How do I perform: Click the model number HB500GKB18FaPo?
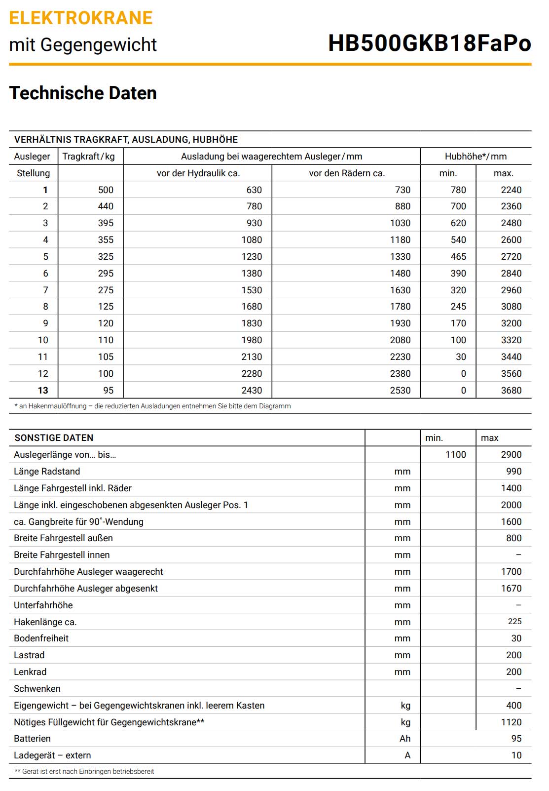[x=429, y=43]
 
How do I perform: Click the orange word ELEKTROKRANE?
[x=81, y=18]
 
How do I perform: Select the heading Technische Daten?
[x=83, y=93]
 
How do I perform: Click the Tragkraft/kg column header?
[x=88, y=157]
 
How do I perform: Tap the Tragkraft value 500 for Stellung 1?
[x=106, y=190]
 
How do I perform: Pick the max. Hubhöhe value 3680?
[x=511, y=391]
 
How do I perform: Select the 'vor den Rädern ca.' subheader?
[x=347, y=173]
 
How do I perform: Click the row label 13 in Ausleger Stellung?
[x=43, y=391]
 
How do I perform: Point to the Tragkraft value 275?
[x=106, y=290]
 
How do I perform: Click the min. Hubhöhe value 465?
[x=458, y=257]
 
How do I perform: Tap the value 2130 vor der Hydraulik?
[x=252, y=357]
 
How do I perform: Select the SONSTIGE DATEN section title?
[x=54, y=438]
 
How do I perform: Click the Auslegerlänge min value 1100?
[x=455, y=455]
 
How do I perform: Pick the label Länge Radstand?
[x=47, y=472]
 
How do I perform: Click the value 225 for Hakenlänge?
[x=514, y=622]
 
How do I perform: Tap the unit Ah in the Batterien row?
[x=405, y=739]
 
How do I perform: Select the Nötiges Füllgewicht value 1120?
[x=511, y=722]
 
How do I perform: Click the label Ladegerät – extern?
[x=52, y=755]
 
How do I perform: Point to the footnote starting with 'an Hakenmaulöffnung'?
[x=153, y=406]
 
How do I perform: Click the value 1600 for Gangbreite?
[x=511, y=522]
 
